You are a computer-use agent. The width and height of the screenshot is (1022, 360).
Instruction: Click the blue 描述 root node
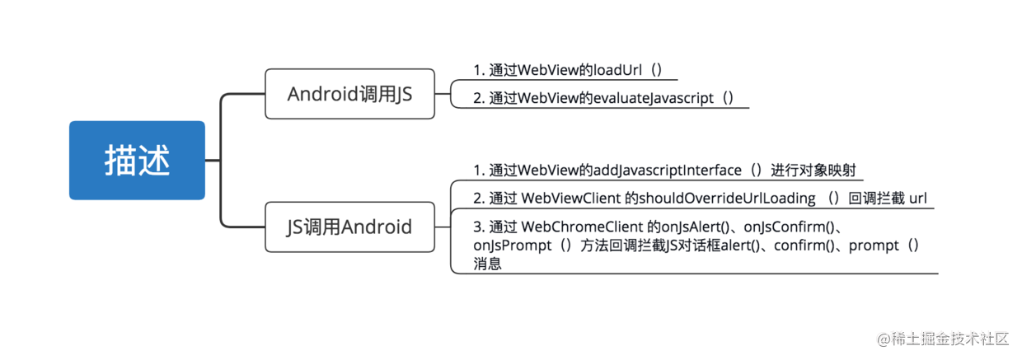tap(137, 160)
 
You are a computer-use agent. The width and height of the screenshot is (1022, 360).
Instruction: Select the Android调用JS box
tap(350, 94)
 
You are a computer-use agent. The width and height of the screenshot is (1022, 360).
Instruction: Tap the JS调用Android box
tap(350, 227)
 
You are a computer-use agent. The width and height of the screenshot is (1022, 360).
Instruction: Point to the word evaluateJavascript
tap(654, 98)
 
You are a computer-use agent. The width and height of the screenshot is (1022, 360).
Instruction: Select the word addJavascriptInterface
tap(667, 171)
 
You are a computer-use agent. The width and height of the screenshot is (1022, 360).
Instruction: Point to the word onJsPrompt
tap(513, 245)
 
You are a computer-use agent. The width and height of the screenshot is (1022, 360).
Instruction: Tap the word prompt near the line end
tap(874, 246)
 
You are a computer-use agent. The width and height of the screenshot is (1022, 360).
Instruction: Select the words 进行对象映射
tap(813, 171)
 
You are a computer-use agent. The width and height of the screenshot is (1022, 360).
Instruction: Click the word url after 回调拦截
tap(918, 199)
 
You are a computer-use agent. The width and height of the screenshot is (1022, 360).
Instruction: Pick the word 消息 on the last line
tap(487, 264)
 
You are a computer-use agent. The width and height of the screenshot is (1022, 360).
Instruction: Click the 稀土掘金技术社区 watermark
tap(943, 339)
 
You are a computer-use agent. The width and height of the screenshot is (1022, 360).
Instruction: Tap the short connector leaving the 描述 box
tap(213, 160)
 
